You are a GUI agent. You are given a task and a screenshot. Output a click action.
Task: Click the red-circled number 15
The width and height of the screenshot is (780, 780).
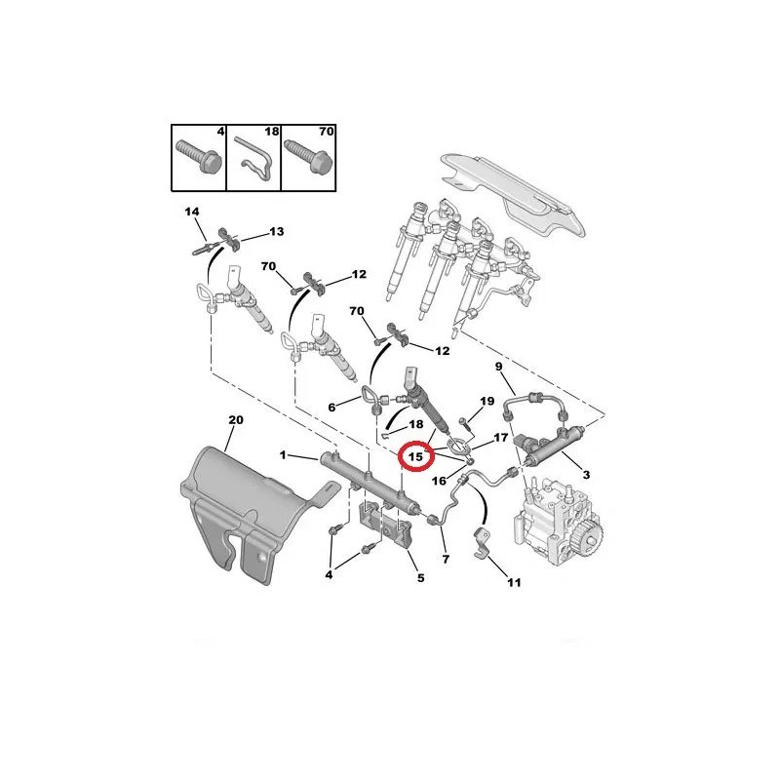point(415,456)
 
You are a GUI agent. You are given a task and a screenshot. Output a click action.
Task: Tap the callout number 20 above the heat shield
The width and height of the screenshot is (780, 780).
point(236,420)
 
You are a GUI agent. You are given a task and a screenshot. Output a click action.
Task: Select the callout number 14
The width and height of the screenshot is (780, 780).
point(191,212)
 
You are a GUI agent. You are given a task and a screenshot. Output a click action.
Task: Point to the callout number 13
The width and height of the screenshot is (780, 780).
point(277,231)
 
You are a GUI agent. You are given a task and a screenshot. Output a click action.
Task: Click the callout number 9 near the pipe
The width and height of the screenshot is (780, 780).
point(498,367)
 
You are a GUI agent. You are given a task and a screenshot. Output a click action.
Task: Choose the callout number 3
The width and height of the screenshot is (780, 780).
point(586,475)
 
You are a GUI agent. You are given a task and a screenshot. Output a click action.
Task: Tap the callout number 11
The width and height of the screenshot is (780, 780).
point(514,582)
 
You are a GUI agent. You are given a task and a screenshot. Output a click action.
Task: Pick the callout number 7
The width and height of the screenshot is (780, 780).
point(446,559)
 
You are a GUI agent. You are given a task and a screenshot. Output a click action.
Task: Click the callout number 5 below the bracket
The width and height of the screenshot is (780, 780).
point(421,577)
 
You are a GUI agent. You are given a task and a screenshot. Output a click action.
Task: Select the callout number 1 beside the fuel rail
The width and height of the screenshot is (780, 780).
point(283,454)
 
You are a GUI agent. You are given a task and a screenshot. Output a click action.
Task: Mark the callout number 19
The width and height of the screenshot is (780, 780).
point(487,401)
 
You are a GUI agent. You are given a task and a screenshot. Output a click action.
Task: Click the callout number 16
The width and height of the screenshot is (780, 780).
point(439,481)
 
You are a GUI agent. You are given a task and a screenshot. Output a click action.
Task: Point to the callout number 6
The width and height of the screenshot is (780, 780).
point(331,408)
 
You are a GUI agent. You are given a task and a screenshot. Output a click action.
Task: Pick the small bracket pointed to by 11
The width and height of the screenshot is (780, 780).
point(480,543)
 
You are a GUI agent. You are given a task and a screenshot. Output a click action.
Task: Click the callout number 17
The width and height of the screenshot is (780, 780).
point(500,437)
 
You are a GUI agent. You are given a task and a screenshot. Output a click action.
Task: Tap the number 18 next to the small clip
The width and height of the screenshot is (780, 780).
point(416,424)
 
